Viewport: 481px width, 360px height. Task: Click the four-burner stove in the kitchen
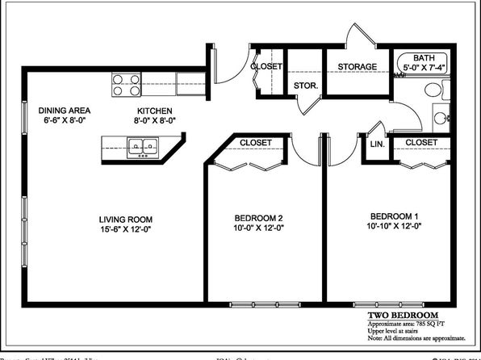click(x=127, y=85)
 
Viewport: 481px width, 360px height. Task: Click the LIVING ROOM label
click(x=126, y=219)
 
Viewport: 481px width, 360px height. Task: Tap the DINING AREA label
click(x=64, y=111)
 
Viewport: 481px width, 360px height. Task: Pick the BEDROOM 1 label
click(x=395, y=216)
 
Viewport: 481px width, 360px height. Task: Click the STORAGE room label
click(x=358, y=67)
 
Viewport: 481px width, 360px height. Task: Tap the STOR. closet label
click(x=304, y=85)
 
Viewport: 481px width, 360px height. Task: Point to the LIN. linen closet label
click(x=377, y=144)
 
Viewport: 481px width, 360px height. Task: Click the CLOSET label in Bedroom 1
click(x=421, y=142)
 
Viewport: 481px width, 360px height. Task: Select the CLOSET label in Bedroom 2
click(x=256, y=143)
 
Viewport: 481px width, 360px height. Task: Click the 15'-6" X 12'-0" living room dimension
click(x=126, y=229)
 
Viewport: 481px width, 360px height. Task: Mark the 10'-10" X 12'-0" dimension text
click(x=395, y=227)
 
